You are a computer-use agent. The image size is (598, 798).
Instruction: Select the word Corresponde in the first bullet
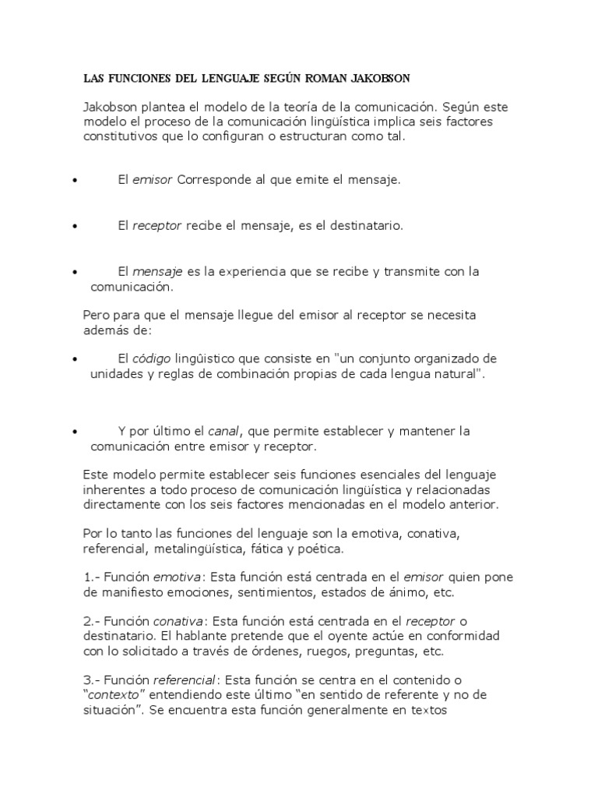click(x=213, y=180)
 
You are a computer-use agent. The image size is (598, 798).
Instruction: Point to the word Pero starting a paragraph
click(x=97, y=315)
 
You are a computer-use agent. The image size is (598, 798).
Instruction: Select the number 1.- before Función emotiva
click(x=91, y=577)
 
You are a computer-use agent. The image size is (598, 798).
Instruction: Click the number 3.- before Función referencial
click(x=91, y=680)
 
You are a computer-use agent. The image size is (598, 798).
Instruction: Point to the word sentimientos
click(x=252, y=592)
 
